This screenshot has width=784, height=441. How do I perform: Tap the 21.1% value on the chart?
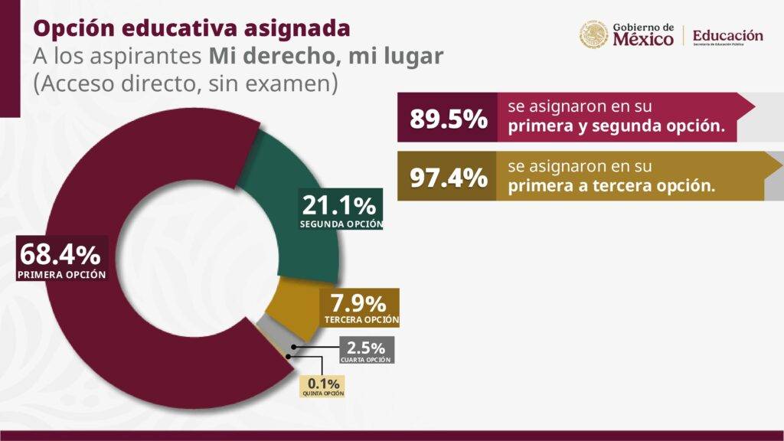click(339, 205)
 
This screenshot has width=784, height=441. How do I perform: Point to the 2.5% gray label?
click(365, 346)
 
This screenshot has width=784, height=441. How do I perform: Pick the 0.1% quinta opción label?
click(323, 382)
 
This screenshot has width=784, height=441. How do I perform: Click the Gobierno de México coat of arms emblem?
click(593, 34)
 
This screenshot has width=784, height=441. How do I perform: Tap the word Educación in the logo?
click(727, 35)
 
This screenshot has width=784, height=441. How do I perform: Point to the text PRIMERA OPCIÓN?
click(61, 273)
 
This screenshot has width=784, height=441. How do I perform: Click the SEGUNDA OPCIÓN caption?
click(341, 224)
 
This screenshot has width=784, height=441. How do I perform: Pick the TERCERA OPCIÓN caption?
click(361, 319)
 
